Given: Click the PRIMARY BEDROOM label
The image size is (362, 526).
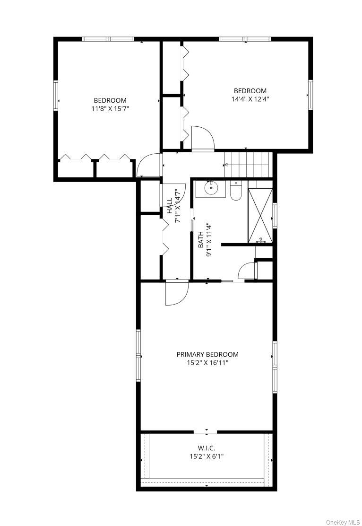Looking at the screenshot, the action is coord(207,354).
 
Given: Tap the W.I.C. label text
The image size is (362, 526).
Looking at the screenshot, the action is coord(206,448).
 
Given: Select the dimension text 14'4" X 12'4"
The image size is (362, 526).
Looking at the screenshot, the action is coord(250,99).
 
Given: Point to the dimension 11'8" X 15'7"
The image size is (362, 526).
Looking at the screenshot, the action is coord(110,108).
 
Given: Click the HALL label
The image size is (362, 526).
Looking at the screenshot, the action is coord(170,205).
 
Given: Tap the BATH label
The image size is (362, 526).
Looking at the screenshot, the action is coord(200,239).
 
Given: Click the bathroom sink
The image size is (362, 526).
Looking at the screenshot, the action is coord(211,189).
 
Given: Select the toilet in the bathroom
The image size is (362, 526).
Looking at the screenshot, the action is coord(236,191).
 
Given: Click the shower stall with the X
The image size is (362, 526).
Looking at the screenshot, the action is coord(260,215).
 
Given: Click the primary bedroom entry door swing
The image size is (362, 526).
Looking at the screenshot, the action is coord(177,292).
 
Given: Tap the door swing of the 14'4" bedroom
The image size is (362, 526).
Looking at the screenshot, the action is coord(202,138).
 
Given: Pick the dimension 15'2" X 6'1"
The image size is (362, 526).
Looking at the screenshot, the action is coord(206,456).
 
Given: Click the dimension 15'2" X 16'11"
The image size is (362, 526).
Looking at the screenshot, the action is coord(207,363).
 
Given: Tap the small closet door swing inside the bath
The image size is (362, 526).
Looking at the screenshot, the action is coord(247,271).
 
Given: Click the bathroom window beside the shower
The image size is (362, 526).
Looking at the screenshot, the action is coord(275,215).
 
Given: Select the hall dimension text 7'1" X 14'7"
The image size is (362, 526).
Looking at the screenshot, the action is coord(178,206).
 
